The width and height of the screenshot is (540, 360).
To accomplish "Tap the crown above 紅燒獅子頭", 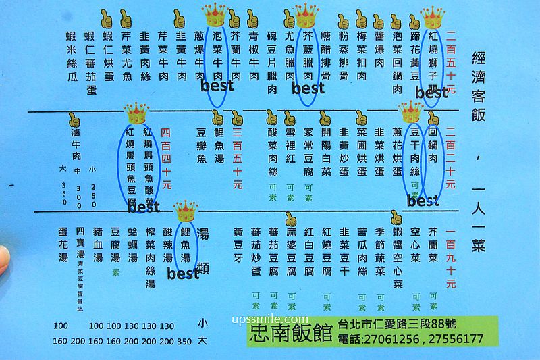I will click(433, 17).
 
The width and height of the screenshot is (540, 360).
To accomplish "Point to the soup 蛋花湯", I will click(64, 248).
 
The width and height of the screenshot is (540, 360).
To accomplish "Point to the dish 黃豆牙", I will click(237, 242).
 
